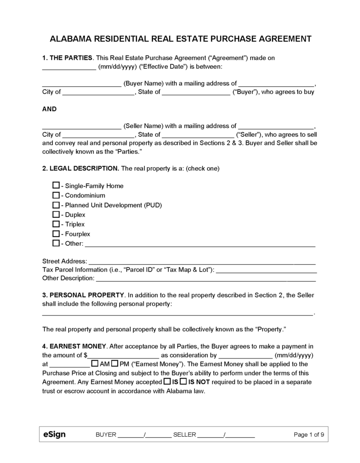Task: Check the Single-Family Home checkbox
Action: [x=56, y=186]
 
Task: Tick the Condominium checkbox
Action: [x=56, y=195]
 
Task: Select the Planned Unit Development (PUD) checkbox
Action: [x=56, y=205]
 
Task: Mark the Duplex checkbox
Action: [x=56, y=215]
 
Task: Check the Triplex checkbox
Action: [x=56, y=224]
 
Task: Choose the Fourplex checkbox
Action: [x=56, y=234]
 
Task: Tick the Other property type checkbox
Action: [x=56, y=243]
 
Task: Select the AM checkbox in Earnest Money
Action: [x=95, y=364]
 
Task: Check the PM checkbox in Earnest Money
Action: [x=114, y=364]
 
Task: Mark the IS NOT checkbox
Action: [x=183, y=382]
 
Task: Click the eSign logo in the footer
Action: [x=54, y=434]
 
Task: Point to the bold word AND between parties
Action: [x=49, y=109]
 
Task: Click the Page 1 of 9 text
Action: [x=309, y=434]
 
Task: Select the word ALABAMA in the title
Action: [x=72, y=38]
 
